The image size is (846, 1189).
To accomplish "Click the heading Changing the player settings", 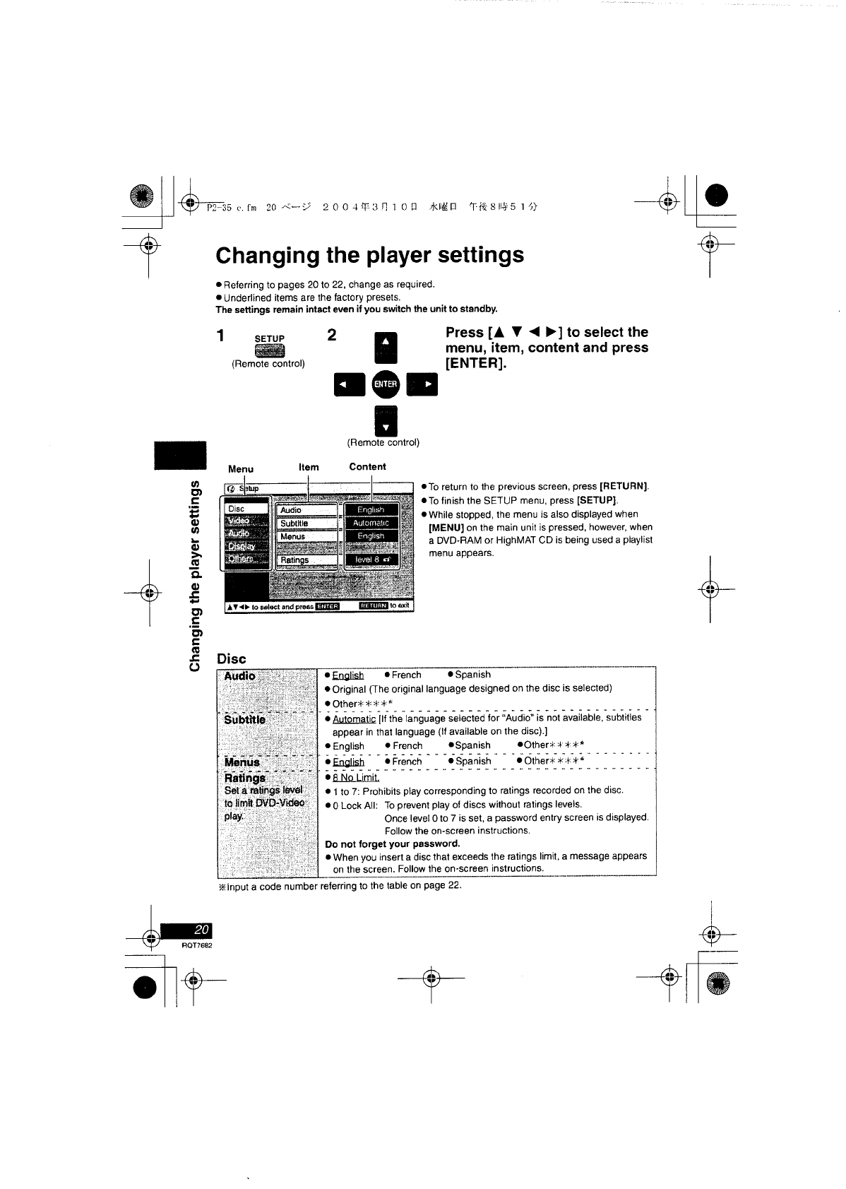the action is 369,255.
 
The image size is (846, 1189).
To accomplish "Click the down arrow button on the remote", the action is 386,422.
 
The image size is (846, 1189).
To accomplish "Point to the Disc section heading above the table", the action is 231,658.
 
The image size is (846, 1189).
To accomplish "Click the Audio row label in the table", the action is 240,676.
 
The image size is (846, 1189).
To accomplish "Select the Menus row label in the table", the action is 242,762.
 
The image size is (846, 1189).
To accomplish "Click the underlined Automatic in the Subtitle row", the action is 355,718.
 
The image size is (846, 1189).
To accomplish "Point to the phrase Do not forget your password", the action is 392,844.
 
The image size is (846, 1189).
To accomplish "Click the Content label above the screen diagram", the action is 367,467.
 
